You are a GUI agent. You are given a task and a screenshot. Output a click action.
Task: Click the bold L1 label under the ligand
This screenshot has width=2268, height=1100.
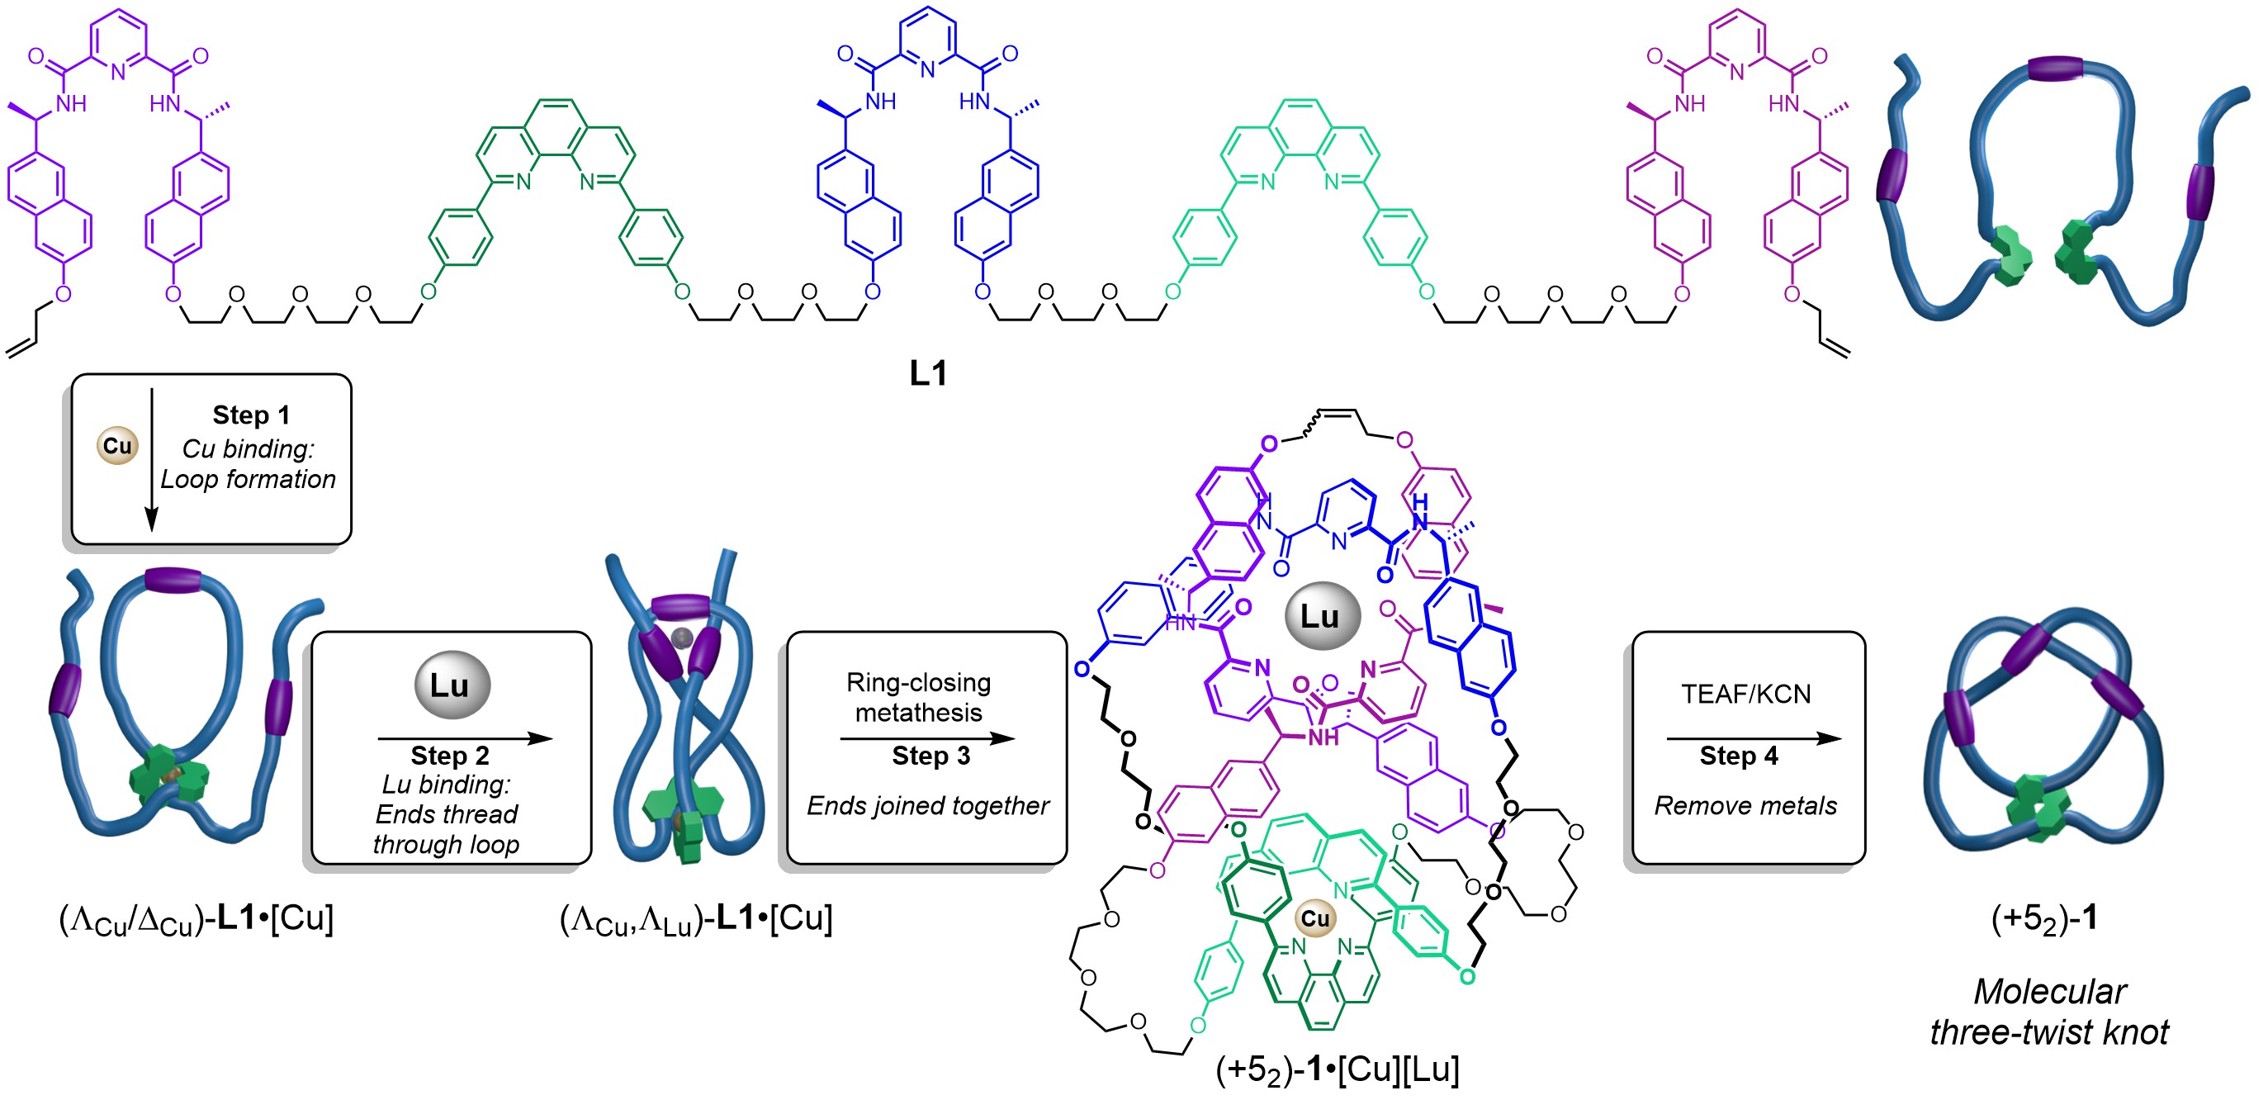tap(928, 373)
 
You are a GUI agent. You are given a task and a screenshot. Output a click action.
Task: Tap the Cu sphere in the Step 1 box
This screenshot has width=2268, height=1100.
tap(117, 446)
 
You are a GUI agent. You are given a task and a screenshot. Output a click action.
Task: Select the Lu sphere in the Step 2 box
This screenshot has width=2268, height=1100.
tap(452, 685)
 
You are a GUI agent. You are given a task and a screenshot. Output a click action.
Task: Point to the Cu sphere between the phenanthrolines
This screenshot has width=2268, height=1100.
tap(1315, 918)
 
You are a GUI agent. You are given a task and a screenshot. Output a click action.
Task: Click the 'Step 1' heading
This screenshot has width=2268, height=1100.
tap(251, 415)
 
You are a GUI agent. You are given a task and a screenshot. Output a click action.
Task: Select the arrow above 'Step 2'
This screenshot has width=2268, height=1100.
tap(464, 738)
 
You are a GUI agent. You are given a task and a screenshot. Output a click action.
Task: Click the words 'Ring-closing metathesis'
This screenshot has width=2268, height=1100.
tap(918, 697)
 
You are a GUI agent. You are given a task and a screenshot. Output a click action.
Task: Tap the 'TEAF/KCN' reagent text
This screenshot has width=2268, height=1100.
tap(1745, 694)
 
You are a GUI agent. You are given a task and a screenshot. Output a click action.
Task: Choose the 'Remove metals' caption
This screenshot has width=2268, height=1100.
tap(1745, 805)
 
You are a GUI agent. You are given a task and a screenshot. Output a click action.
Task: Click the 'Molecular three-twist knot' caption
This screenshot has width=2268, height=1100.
tap(2048, 1011)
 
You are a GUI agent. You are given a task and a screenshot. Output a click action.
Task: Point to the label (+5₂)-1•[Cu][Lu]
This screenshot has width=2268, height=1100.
tap(1337, 1069)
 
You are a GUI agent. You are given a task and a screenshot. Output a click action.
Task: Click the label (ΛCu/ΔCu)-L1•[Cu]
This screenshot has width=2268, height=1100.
tap(196, 919)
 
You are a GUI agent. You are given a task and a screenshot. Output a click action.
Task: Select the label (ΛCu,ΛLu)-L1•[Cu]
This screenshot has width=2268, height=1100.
tap(695, 919)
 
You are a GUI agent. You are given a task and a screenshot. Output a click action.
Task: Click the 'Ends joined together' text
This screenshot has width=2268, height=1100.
tap(928, 805)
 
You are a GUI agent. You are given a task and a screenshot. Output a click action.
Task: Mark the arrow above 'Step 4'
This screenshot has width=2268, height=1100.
tap(1753, 738)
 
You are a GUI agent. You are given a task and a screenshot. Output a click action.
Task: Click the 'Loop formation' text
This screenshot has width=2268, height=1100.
tap(249, 479)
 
